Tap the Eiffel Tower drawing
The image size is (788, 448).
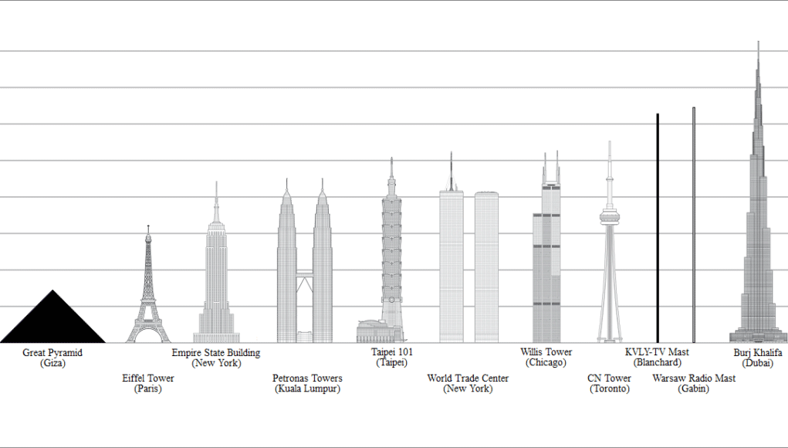[x=148, y=294]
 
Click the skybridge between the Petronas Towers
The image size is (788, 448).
[x=305, y=275]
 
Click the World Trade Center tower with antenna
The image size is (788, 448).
[x=451, y=263]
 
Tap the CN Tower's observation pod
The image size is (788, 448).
[x=609, y=217]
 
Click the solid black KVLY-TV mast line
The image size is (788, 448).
[x=658, y=232]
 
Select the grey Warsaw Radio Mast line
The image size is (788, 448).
[x=694, y=232]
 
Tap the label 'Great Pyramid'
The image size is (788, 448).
[x=52, y=353]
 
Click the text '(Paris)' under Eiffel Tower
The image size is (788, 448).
[x=148, y=389]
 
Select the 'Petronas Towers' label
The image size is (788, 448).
[x=307, y=378]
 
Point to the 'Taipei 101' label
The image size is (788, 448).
[x=392, y=352]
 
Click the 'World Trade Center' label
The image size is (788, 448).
[x=468, y=378]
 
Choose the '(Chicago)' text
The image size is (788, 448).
[x=546, y=363]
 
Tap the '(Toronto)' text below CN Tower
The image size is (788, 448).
[x=610, y=389]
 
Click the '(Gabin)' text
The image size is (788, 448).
[x=694, y=389]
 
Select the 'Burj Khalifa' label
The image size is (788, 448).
[x=758, y=353]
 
